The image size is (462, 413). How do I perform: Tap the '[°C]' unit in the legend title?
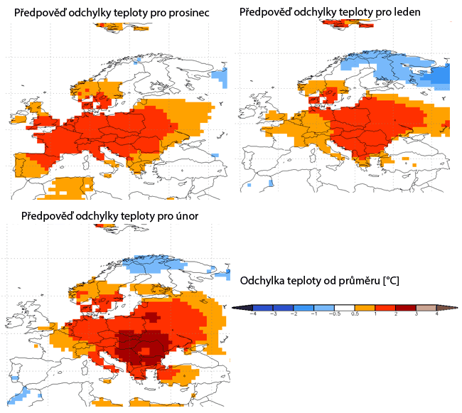[x=391, y=281]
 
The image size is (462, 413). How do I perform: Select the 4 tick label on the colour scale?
[x=436, y=313]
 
